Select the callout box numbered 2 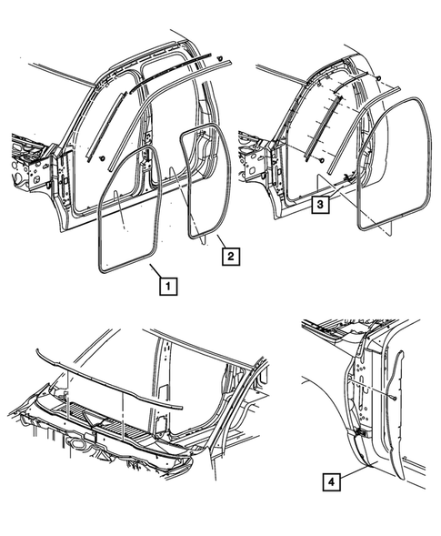click(x=231, y=258)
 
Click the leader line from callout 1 click(x=155, y=271)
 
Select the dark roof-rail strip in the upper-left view click(x=173, y=73)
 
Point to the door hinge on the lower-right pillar click(x=359, y=435)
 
